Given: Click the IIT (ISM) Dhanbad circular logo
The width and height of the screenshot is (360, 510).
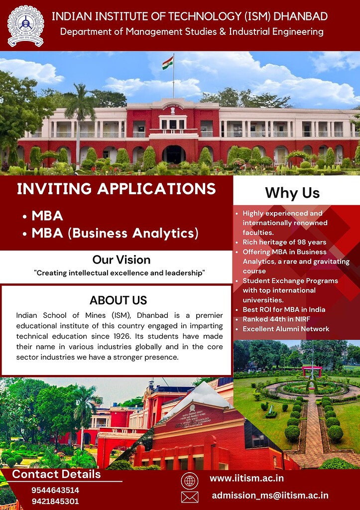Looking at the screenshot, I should click(x=25, y=25).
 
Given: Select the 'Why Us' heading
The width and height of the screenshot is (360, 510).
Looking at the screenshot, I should click(x=292, y=192).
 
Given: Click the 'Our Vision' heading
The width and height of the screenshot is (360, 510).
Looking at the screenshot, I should click(x=121, y=259).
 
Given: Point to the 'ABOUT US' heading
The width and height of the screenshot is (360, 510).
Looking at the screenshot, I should click(x=118, y=300).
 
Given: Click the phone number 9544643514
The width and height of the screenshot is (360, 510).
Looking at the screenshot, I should click(x=55, y=490).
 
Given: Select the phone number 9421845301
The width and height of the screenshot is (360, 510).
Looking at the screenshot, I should click(x=55, y=501).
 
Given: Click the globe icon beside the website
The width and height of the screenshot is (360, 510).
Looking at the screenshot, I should click(x=189, y=481).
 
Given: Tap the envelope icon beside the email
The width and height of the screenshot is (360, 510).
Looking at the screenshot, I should click(x=189, y=497).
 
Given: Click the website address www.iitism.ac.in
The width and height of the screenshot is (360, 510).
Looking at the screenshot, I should click(x=246, y=479).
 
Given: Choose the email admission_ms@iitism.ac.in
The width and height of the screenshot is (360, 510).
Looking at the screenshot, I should click(x=270, y=495).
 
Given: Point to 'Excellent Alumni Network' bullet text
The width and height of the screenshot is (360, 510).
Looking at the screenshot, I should click(x=286, y=329).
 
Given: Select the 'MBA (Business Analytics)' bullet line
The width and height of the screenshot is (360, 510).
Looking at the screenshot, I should click(x=115, y=233).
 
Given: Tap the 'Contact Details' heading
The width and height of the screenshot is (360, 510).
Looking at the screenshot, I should click(x=56, y=474).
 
